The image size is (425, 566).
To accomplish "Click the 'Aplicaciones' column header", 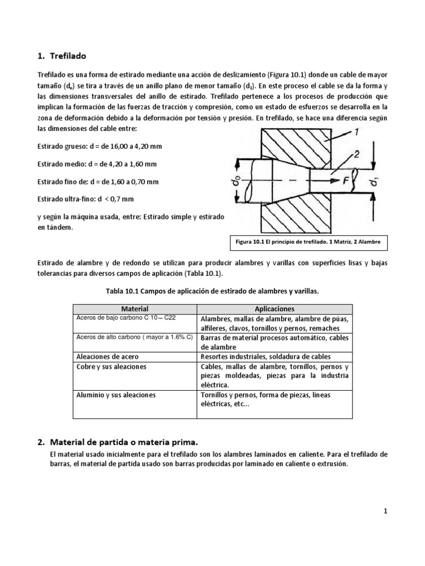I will tap(274, 309).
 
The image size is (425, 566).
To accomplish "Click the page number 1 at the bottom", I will tap(385, 511).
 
